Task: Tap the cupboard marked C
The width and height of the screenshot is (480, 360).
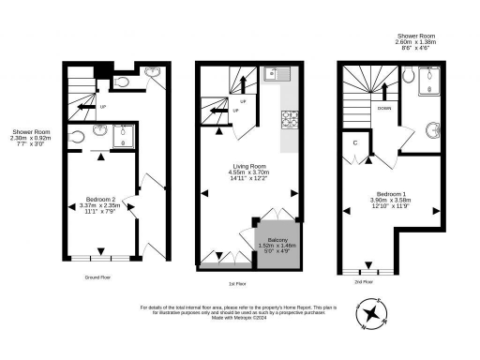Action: click(x=356, y=143)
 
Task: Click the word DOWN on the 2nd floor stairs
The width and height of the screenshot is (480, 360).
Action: click(x=384, y=108)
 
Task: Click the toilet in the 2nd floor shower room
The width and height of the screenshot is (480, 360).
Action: click(x=433, y=128)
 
